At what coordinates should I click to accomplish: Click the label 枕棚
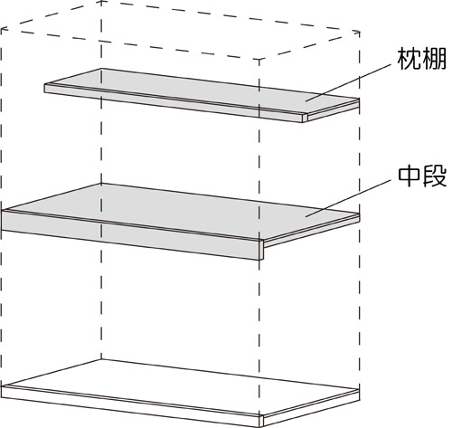point(421,60)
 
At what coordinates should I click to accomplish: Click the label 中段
point(422,176)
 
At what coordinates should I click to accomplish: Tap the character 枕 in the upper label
point(410,60)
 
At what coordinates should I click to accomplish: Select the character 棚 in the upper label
point(434,60)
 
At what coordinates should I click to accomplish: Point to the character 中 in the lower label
point(410,176)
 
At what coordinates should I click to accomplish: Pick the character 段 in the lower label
point(435,176)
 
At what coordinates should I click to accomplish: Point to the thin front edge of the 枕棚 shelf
point(174,103)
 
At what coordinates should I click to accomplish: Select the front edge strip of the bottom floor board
point(130,406)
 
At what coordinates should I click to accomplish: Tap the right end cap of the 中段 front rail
point(261,250)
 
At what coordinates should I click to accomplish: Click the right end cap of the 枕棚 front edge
point(305,118)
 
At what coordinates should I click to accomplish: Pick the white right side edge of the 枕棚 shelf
point(333,110)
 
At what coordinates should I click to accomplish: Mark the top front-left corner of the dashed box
point(1,29)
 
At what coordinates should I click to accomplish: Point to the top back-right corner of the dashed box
point(359,32)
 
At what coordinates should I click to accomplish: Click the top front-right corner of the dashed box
point(259,60)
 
